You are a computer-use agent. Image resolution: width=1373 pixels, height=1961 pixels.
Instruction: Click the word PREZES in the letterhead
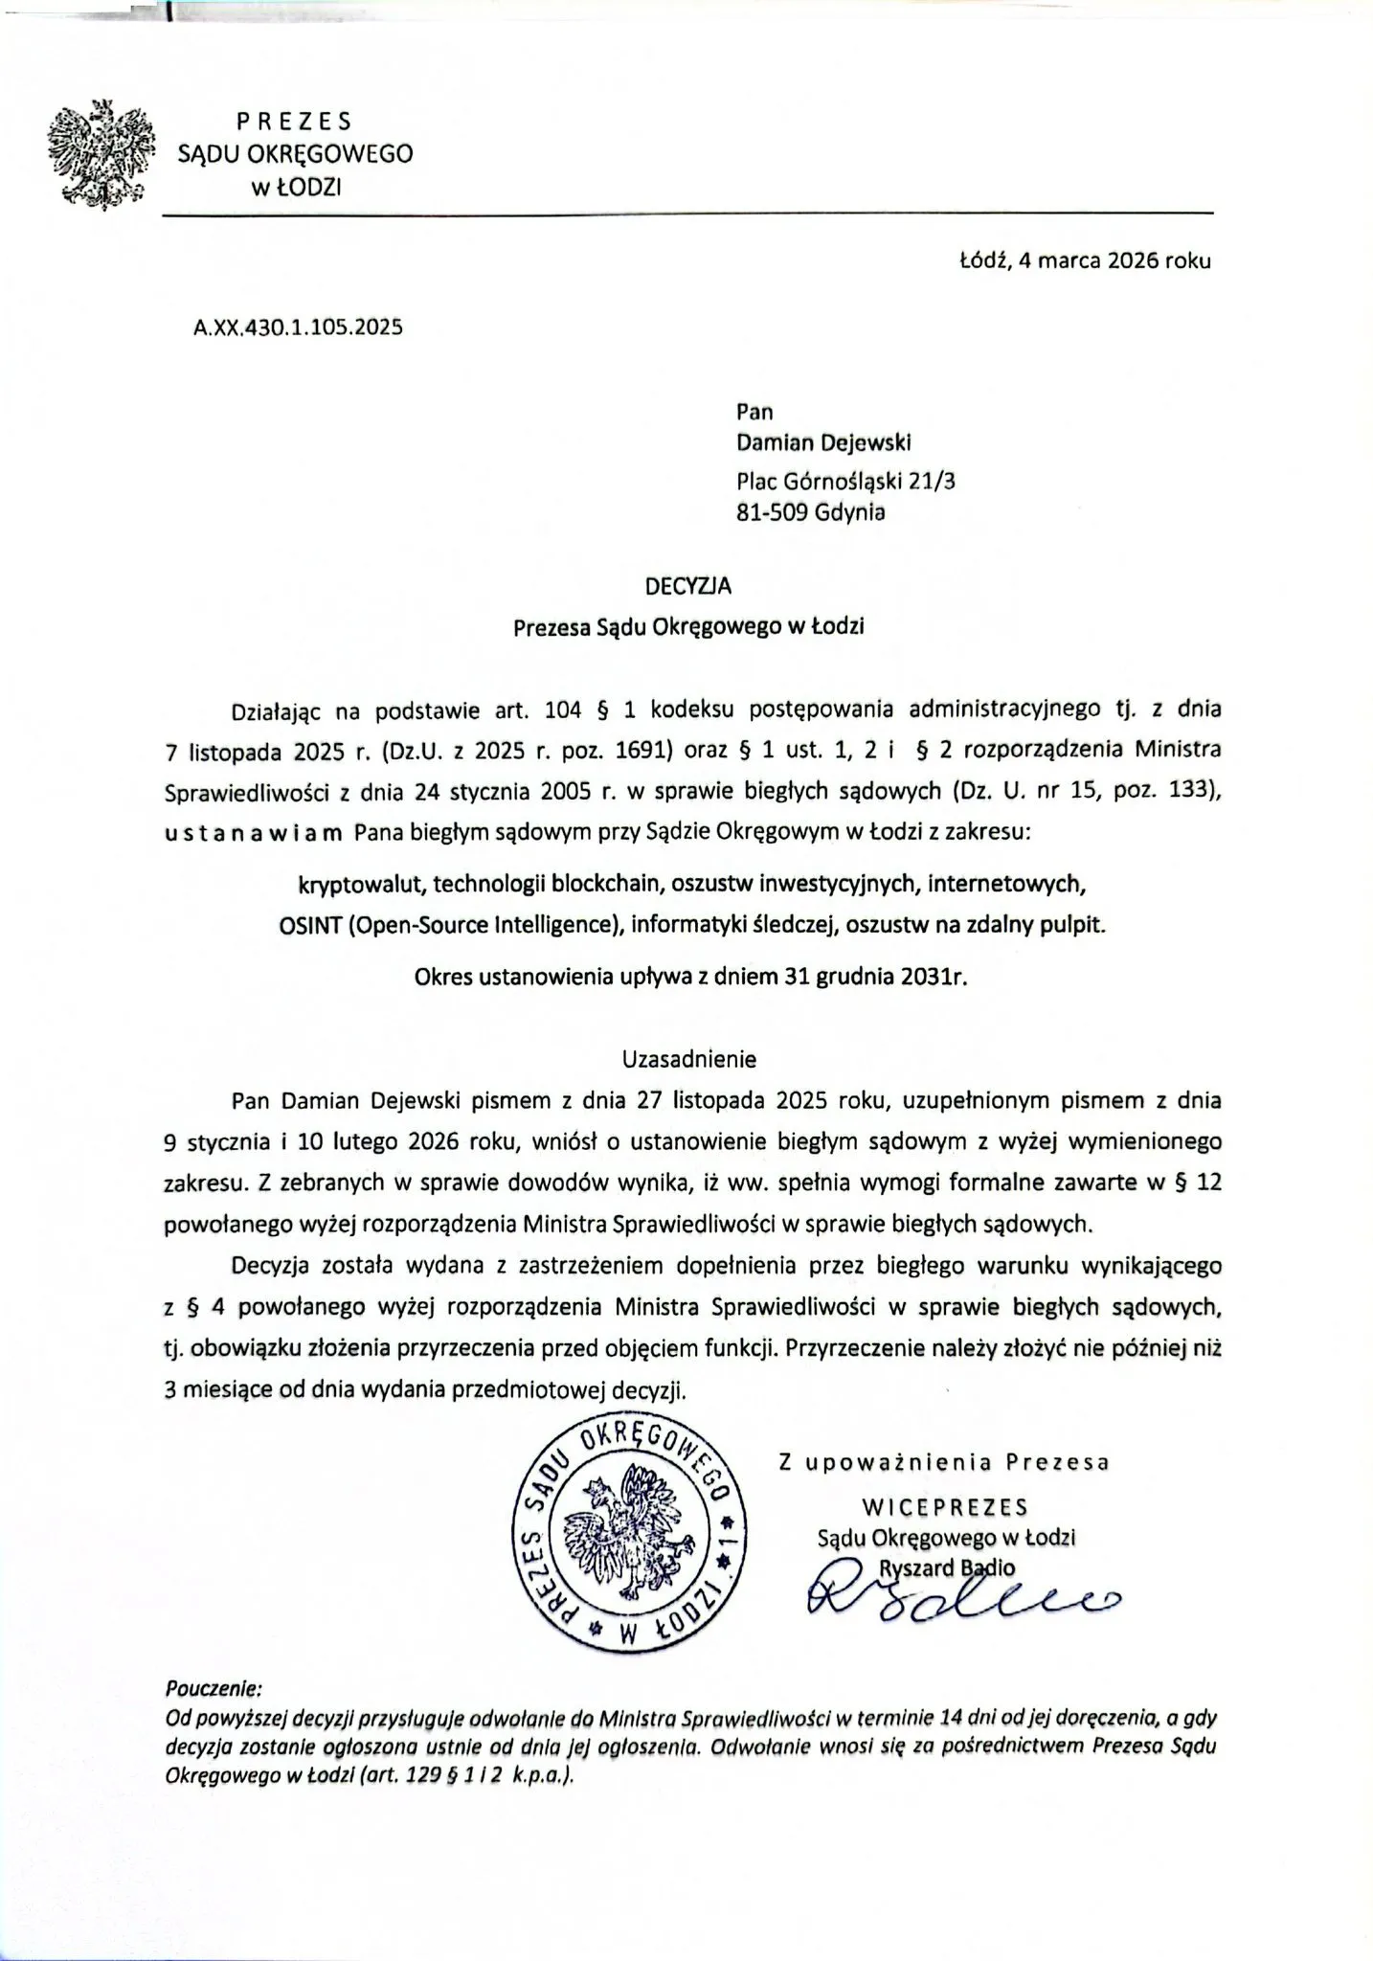click(x=294, y=122)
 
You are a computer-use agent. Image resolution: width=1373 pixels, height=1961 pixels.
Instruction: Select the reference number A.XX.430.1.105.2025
click(x=298, y=327)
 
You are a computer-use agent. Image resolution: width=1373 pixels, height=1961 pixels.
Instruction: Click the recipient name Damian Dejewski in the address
click(x=823, y=442)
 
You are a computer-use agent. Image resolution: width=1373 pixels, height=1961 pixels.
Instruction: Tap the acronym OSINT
click(x=305, y=925)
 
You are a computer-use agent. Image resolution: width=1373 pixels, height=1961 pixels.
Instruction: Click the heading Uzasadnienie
click(x=689, y=1059)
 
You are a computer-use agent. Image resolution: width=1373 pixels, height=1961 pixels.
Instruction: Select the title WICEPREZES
click(x=945, y=1507)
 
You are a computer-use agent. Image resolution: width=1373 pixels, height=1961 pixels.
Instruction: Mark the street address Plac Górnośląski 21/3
click(x=845, y=479)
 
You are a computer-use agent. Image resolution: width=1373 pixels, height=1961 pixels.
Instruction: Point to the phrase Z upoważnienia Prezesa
click(x=944, y=1462)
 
